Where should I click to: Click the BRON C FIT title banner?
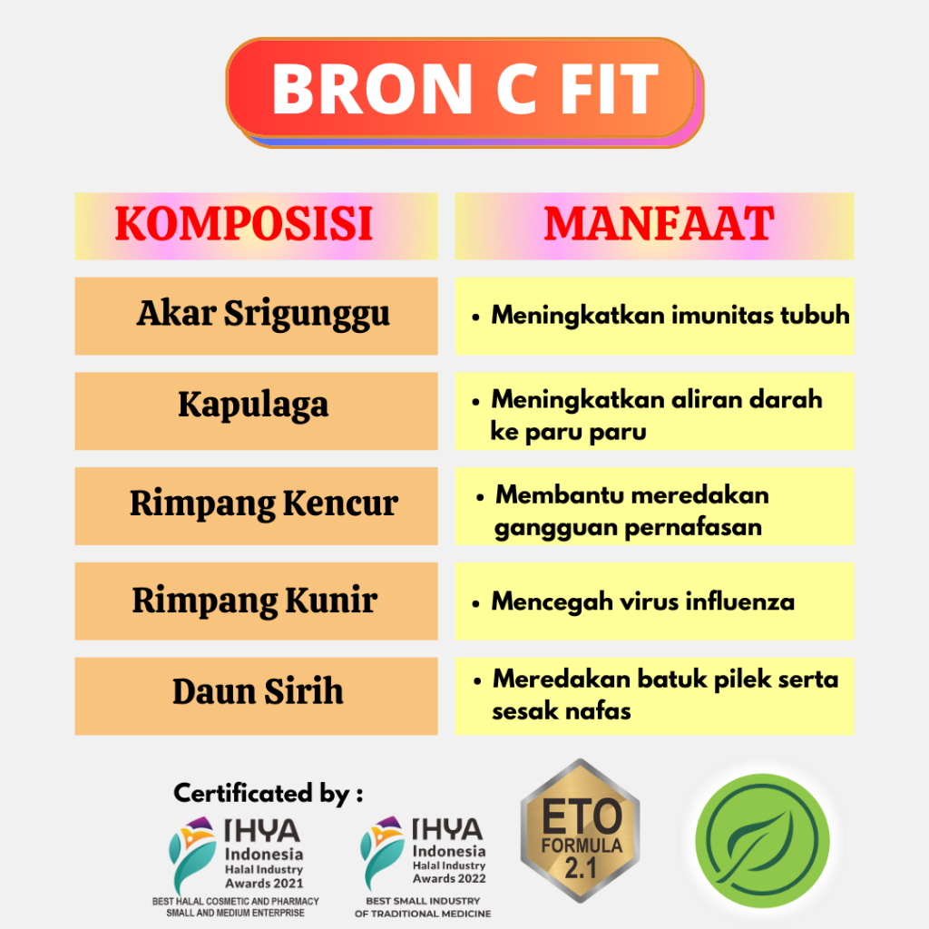[x=465, y=92]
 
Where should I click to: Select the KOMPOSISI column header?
[x=256, y=226]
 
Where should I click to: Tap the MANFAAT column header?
[x=654, y=226]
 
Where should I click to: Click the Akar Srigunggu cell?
[x=256, y=316]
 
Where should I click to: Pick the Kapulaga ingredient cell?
[x=256, y=411]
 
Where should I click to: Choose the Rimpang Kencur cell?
[x=256, y=506]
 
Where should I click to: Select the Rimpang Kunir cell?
[x=256, y=601]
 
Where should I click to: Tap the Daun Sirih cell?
[x=256, y=696]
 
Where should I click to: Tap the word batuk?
[x=672, y=679]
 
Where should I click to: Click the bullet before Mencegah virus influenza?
[x=475, y=604]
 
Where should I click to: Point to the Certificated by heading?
[x=269, y=794]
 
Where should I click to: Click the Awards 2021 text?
[x=264, y=884]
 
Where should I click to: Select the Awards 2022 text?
[x=449, y=878]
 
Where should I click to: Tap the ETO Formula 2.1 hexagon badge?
[x=580, y=831]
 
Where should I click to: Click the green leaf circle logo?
[x=762, y=841]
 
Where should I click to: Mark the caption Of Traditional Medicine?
[x=423, y=914]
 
